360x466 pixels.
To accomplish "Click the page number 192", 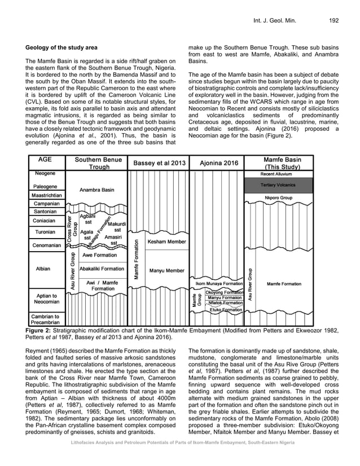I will pyautogui.click(x=333, y=21).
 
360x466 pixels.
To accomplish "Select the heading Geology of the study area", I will pyautogui.click(x=66, y=45).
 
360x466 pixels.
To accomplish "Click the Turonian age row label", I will pyautogui.click(x=45, y=232).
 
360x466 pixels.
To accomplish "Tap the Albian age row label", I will pyautogui.click(x=43, y=269).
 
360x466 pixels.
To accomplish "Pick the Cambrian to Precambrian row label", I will pyautogui.click(x=46, y=320).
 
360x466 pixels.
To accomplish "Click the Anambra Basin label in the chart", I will pyautogui.click(x=98, y=190).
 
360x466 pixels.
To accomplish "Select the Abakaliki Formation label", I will pyautogui.click(x=102, y=269).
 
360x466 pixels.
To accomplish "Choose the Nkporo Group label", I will pyautogui.click(x=279, y=198).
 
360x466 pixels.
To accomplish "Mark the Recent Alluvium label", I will pyautogui.click(x=283, y=173).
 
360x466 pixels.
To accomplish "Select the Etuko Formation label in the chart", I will pyautogui.click(x=226, y=310).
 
